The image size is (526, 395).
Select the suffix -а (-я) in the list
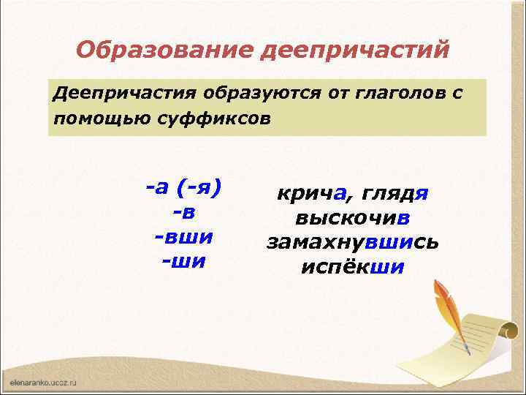click(x=183, y=189)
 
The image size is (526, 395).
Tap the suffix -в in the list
click(x=183, y=213)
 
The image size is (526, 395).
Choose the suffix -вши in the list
click(x=183, y=237)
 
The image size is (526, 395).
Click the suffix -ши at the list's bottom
click(x=183, y=261)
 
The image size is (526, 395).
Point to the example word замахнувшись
click(x=352, y=242)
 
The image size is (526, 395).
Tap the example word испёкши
click(x=352, y=266)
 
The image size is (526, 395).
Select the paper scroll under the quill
click(x=475, y=344)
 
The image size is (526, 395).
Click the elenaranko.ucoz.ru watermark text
click(x=44, y=383)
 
